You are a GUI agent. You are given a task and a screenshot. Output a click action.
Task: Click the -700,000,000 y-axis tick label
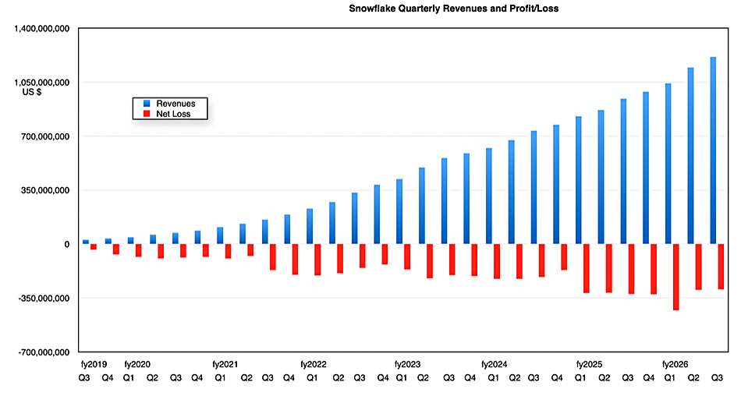pyautogui.click(x=38, y=352)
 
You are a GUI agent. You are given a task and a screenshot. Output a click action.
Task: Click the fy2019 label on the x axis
pyautogui.click(x=92, y=364)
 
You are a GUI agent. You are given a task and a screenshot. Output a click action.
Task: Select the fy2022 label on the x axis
pyautogui.click(x=314, y=364)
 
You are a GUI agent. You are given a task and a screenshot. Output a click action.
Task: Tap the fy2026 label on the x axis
pyautogui.click(x=675, y=364)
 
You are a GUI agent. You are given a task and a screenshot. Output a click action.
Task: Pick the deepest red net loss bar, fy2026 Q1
pyautogui.click(x=675, y=277)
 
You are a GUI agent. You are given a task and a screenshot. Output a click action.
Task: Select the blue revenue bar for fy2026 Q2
pyautogui.click(x=690, y=156)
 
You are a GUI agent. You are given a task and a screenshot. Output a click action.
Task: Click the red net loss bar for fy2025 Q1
pyautogui.click(x=586, y=268)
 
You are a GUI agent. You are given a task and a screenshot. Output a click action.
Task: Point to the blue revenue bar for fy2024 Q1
pyautogui.click(x=488, y=196)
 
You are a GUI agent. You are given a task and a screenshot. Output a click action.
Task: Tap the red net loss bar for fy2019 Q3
pyautogui.click(x=94, y=246)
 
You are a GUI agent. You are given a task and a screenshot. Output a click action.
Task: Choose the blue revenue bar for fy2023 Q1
pyautogui.click(x=399, y=211)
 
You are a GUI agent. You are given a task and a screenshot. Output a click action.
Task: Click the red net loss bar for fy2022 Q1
pyautogui.click(x=317, y=260)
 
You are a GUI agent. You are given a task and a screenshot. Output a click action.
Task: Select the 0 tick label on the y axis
pyautogui.click(x=66, y=244)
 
